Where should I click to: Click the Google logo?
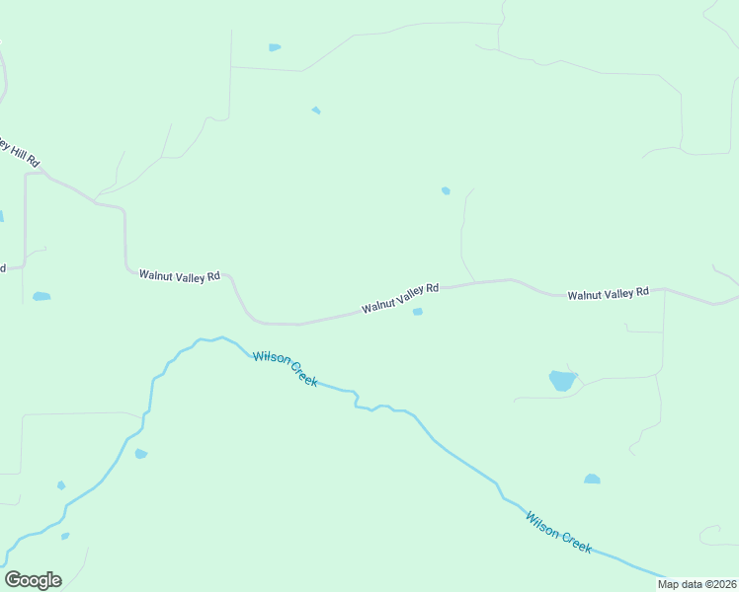tap(33, 580)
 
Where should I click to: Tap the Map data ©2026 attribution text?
tap(697, 584)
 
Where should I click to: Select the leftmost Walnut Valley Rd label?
tap(179, 276)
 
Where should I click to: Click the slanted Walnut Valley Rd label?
tap(399, 298)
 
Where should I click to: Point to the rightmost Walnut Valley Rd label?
tap(608, 293)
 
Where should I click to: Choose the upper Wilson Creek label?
tap(286, 368)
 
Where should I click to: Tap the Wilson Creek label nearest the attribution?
tap(559, 532)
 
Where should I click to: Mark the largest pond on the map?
tap(562, 381)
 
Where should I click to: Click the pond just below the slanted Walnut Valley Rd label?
tap(418, 312)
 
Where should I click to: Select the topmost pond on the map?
tap(275, 47)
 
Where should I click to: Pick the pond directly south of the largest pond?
tap(592, 480)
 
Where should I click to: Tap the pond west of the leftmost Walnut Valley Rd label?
tap(41, 296)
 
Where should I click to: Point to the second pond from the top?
tap(316, 111)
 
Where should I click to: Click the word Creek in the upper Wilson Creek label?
tap(300, 374)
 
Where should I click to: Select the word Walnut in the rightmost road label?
tap(585, 294)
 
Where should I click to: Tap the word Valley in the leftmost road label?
tap(188, 276)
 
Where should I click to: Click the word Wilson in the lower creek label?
tap(542, 523)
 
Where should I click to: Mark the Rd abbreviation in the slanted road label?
tap(432, 288)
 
